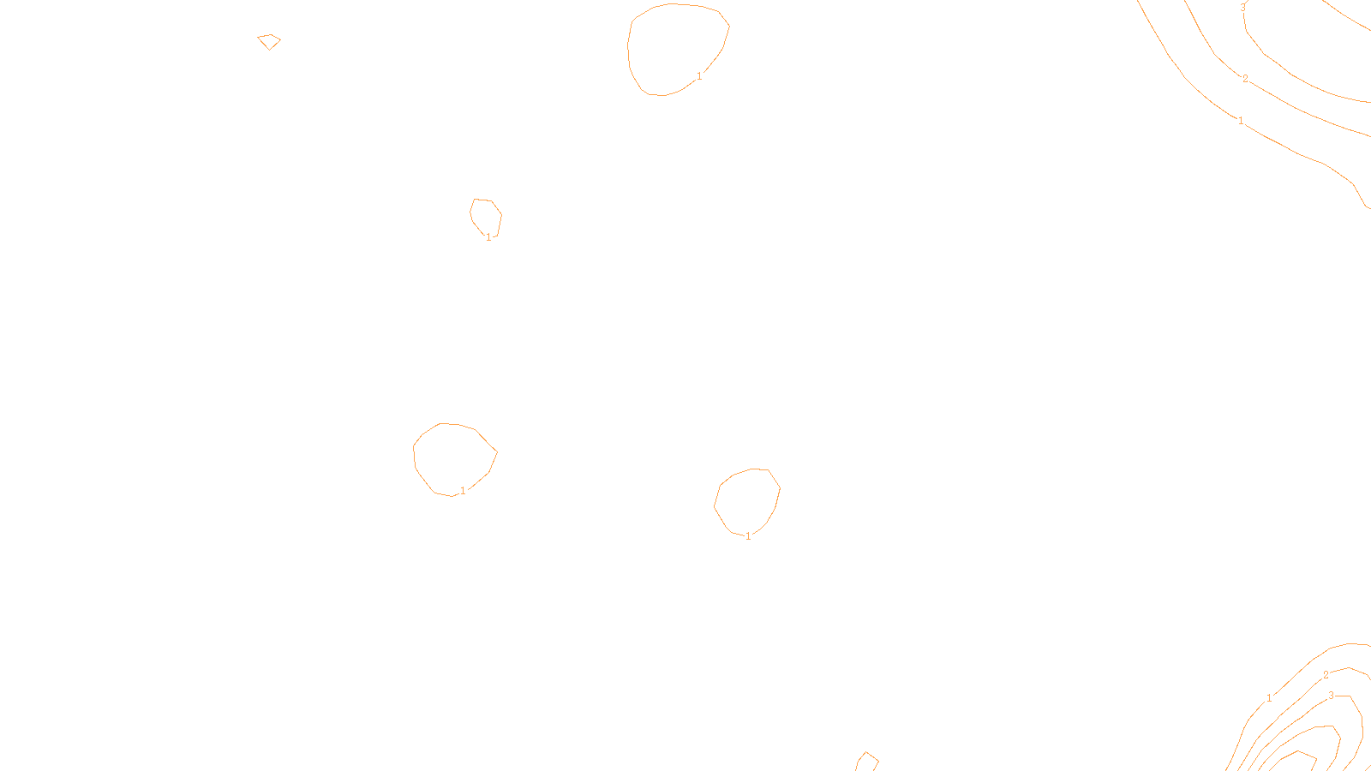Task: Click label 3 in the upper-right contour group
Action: pos(1243,8)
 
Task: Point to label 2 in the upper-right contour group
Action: pos(1245,79)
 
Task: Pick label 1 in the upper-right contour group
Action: pos(1241,121)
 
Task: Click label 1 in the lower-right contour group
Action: pos(1269,698)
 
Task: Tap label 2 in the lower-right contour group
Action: pos(1326,675)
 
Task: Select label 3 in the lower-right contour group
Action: pos(1331,696)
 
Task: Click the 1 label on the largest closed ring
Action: pos(699,76)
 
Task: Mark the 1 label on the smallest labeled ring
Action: pos(489,237)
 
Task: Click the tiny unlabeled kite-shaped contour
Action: pos(269,41)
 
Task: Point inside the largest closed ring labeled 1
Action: pos(677,47)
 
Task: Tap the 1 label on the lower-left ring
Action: pos(463,491)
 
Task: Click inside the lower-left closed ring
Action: pos(452,458)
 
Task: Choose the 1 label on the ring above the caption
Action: pos(748,536)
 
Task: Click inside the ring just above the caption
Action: pos(747,501)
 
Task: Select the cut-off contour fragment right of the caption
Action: pos(867,761)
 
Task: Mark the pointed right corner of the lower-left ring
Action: pos(497,452)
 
